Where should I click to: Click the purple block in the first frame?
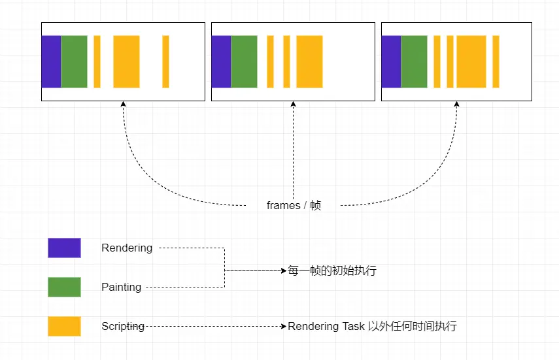coord(52,61)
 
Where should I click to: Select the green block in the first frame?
coord(74,61)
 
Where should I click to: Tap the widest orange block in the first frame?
coord(127,61)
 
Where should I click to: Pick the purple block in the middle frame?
coord(222,61)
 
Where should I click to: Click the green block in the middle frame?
coord(245,61)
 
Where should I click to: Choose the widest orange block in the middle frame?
coord(309,61)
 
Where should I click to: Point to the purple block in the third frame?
coord(392,61)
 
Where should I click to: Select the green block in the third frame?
coord(415,61)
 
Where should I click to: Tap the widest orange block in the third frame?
coord(471,61)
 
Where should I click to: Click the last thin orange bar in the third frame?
coord(496,61)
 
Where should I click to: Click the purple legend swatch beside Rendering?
coord(65,248)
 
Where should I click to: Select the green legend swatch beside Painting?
coord(65,287)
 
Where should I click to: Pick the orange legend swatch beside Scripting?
coord(65,326)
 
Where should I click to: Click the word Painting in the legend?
coord(121,287)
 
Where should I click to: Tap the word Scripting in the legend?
coord(123,327)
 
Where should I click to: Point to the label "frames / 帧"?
coord(294,205)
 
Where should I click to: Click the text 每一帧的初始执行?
coord(332,270)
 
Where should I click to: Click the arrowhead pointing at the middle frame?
coord(294,104)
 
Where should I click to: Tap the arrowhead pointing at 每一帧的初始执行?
coord(284,271)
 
